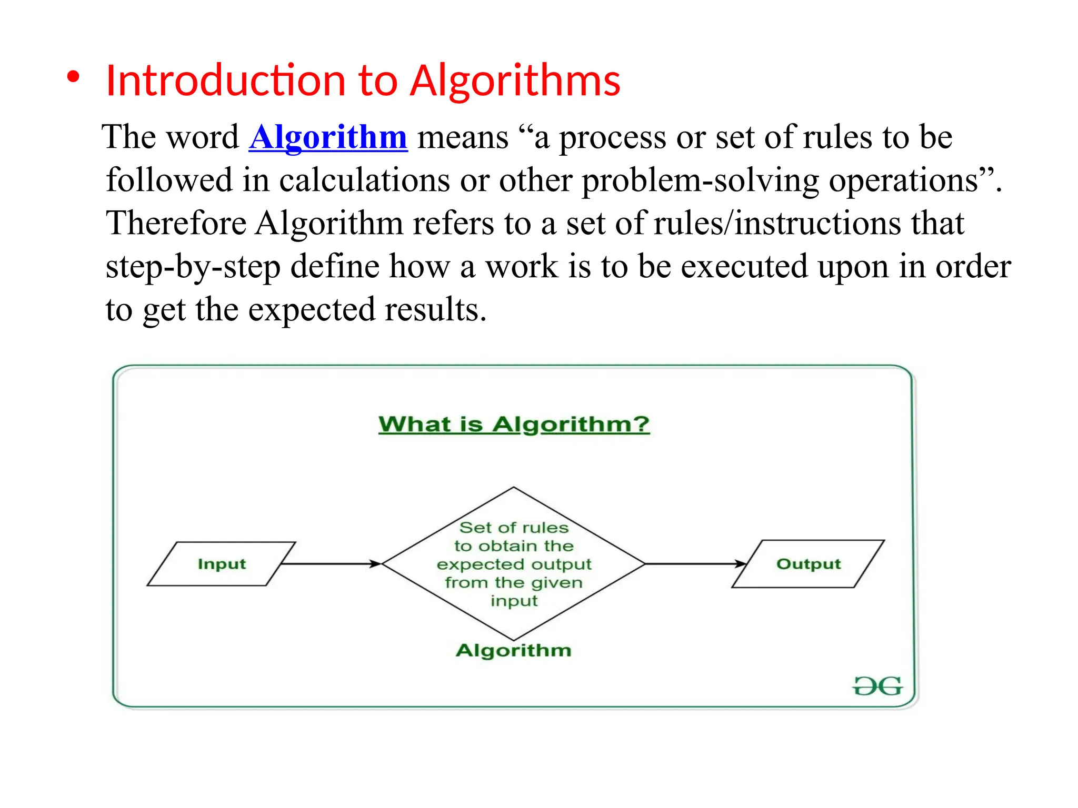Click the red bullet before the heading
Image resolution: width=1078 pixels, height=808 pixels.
click(x=73, y=77)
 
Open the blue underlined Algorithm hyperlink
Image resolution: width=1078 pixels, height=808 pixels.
click(x=328, y=137)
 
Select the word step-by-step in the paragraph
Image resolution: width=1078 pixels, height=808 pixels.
click(x=193, y=267)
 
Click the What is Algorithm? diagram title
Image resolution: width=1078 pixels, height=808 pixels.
click(x=514, y=424)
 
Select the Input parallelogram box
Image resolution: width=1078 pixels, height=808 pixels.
click(x=222, y=564)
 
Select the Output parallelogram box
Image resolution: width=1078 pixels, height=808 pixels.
click(x=808, y=564)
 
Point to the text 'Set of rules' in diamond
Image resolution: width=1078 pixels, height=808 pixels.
click(x=514, y=528)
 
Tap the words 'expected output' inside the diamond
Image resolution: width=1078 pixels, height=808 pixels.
click(x=514, y=564)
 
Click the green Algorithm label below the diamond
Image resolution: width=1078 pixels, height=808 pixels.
click(x=513, y=650)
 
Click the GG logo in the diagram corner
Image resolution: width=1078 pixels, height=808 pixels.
click(x=877, y=686)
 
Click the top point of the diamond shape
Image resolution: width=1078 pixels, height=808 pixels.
click(x=514, y=488)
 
